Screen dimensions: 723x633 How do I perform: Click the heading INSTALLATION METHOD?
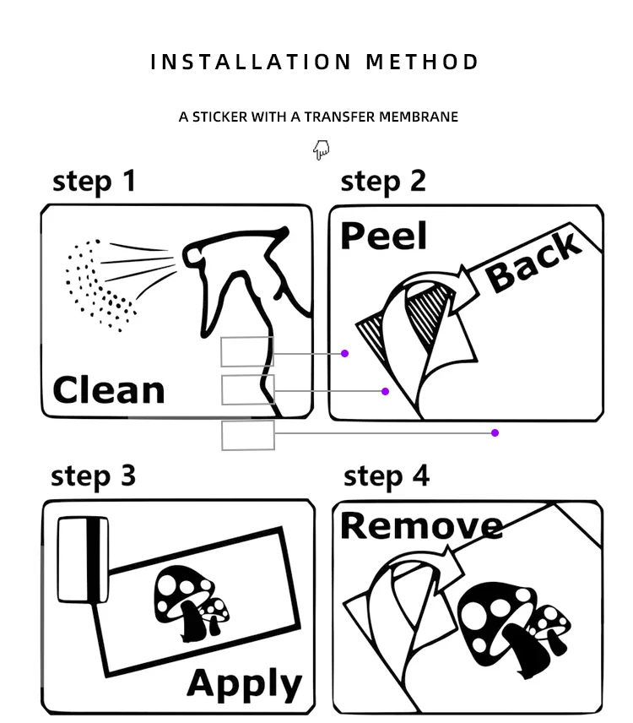pyautogui.click(x=315, y=63)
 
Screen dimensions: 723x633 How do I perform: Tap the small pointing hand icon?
pyautogui.click(x=321, y=150)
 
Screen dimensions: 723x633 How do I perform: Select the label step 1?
pyautogui.click(x=94, y=182)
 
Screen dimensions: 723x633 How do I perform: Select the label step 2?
pyautogui.click(x=383, y=182)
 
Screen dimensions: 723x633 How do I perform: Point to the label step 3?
pyautogui.click(x=93, y=476)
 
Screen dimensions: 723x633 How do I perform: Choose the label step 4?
pyautogui.click(x=386, y=476)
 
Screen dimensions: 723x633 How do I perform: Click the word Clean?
pyautogui.click(x=108, y=390)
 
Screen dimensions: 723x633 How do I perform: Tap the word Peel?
pyautogui.click(x=383, y=236)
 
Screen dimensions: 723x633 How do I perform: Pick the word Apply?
pyautogui.click(x=244, y=683)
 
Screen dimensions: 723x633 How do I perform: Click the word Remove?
pyautogui.click(x=421, y=525)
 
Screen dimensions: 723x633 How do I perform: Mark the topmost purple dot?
pyautogui.click(x=344, y=353)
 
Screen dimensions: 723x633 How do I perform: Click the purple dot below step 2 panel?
pyautogui.click(x=495, y=432)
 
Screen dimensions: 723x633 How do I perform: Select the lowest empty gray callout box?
pyautogui.click(x=248, y=435)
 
